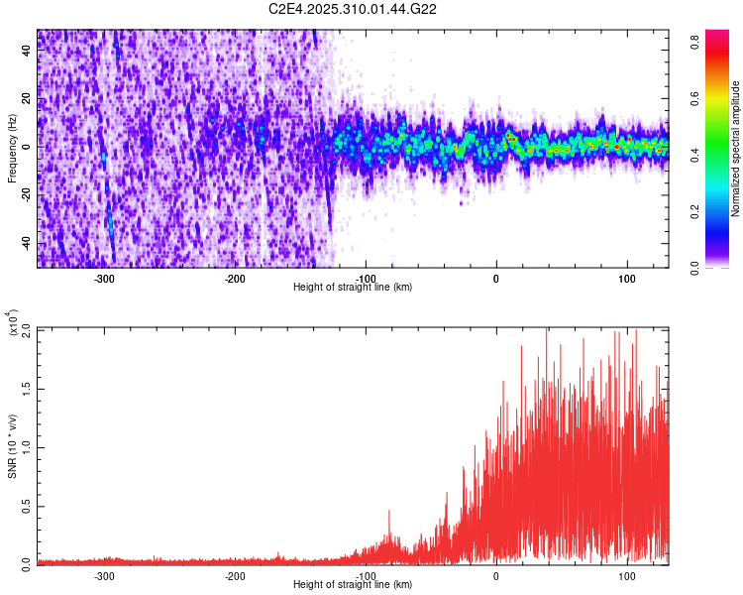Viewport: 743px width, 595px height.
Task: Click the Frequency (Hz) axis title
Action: pyautogui.click(x=12, y=149)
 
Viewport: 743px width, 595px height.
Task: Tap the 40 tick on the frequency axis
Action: pyautogui.click(x=27, y=52)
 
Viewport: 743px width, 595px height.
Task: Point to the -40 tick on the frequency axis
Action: pyautogui.click(x=25, y=243)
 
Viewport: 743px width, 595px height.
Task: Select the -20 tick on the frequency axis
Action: pyautogui.click(x=25, y=195)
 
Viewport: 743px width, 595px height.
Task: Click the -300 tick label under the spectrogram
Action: pyautogui.click(x=104, y=279)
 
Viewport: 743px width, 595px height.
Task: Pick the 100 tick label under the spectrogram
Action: pyautogui.click(x=626, y=279)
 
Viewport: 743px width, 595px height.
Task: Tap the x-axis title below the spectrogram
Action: pyautogui.click(x=353, y=288)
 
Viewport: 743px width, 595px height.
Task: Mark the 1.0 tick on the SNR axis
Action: pyautogui.click(x=26, y=446)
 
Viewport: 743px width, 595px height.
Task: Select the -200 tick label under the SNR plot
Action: pyautogui.click(x=235, y=575)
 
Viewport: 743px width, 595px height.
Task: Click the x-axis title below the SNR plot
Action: pyautogui.click(x=353, y=585)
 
